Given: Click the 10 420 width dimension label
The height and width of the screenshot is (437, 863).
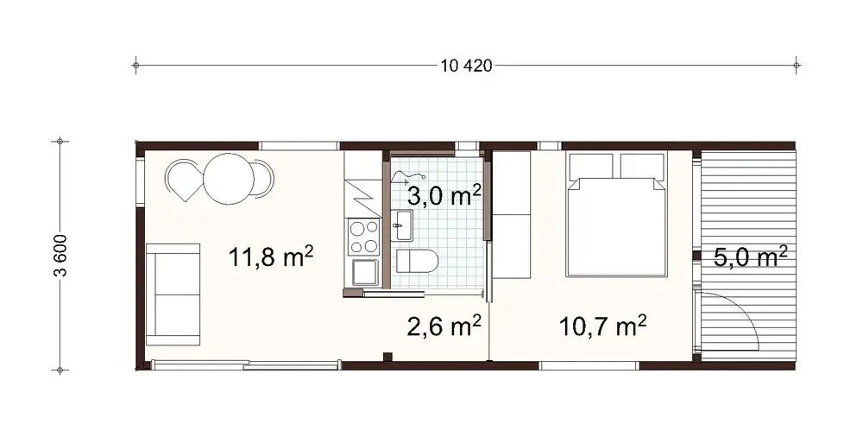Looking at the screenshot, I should (x=466, y=66).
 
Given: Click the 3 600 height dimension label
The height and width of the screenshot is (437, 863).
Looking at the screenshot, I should (x=60, y=256).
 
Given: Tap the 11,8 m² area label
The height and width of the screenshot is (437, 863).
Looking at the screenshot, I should (x=270, y=256).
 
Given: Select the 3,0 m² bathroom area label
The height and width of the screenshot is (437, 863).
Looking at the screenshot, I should (x=444, y=195).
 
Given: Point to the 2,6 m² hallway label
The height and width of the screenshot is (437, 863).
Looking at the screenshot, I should (x=444, y=326).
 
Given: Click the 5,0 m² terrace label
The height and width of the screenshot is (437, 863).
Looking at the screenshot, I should (x=750, y=256).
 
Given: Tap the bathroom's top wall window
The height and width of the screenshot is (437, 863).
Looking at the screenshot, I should (x=466, y=145).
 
